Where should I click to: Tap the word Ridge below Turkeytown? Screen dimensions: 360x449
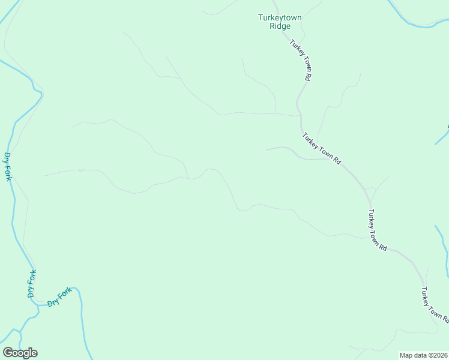pyautogui.click(x=280, y=26)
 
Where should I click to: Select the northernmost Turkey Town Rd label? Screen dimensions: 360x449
pyautogui.click(x=300, y=60)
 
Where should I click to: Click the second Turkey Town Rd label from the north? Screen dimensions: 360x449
pyautogui.click(x=322, y=149)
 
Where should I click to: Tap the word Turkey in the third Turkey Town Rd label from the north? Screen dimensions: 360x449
pyautogui.click(x=372, y=220)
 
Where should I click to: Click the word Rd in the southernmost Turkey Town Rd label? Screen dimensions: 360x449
pyautogui.click(x=445, y=318)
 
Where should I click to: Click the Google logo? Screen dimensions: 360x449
pyautogui.click(x=20, y=353)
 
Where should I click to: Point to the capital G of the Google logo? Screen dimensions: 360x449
pyautogui.click(x=8, y=353)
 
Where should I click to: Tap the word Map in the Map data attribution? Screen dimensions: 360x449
pyautogui.click(x=406, y=355)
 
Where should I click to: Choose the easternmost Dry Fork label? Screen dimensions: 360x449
pyautogui.click(x=60, y=296)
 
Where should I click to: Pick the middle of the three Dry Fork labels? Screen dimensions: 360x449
pyautogui.click(x=32, y=283)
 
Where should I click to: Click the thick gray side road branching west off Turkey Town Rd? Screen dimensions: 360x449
pyautogui.click(x=282, y=148)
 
